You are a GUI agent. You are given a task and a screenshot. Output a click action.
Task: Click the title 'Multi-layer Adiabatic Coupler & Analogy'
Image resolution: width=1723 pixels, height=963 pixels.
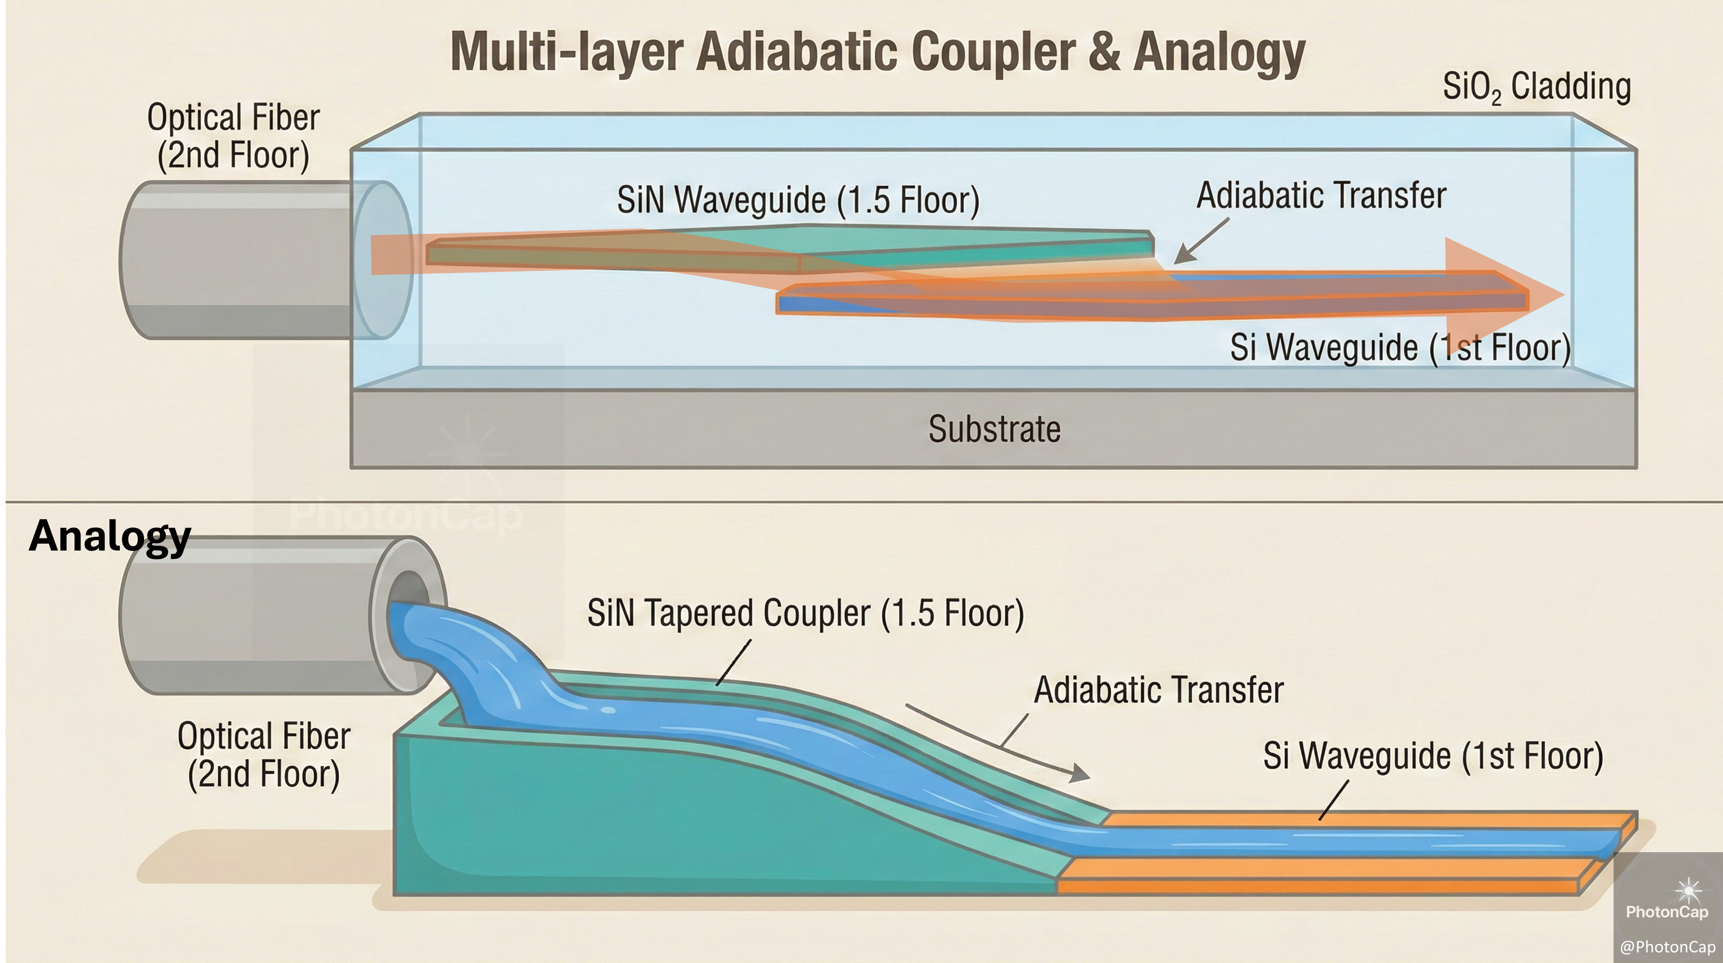click(878, 52)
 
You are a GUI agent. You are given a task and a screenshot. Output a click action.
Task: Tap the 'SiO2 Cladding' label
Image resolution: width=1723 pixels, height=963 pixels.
click(1537, 87)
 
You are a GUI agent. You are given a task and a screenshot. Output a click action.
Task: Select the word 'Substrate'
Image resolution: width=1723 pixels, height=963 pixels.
click(994, 429)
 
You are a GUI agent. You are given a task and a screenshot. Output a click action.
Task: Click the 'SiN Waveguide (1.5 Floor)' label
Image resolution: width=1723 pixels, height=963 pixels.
click(798, 200)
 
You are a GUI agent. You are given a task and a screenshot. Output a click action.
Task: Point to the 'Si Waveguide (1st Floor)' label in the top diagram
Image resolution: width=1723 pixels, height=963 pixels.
click(1400, 348)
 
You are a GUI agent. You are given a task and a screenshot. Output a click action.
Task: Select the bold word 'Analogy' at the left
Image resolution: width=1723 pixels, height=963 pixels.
click(110, 536)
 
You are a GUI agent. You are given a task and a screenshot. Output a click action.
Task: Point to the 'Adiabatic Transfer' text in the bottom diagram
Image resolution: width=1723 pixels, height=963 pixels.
click(1158, 690)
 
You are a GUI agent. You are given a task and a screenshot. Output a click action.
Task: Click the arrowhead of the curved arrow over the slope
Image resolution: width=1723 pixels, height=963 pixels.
click(1078, 774)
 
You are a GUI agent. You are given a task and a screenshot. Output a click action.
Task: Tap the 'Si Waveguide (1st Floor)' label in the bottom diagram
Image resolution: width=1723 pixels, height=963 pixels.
click(1433, 756)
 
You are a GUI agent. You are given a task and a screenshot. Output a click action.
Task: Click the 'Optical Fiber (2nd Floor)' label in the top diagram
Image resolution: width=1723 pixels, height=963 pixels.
click(234, 136)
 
